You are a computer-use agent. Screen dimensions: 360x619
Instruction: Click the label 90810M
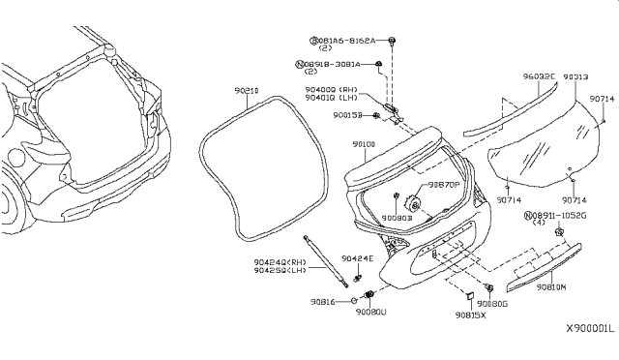pyautogui.click(x=552, y=287)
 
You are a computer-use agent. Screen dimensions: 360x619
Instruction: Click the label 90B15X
pyautogui.click(x=473, y=315)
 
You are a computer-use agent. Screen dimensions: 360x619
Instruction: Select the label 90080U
pyautogui.click(x=369, y=312)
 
